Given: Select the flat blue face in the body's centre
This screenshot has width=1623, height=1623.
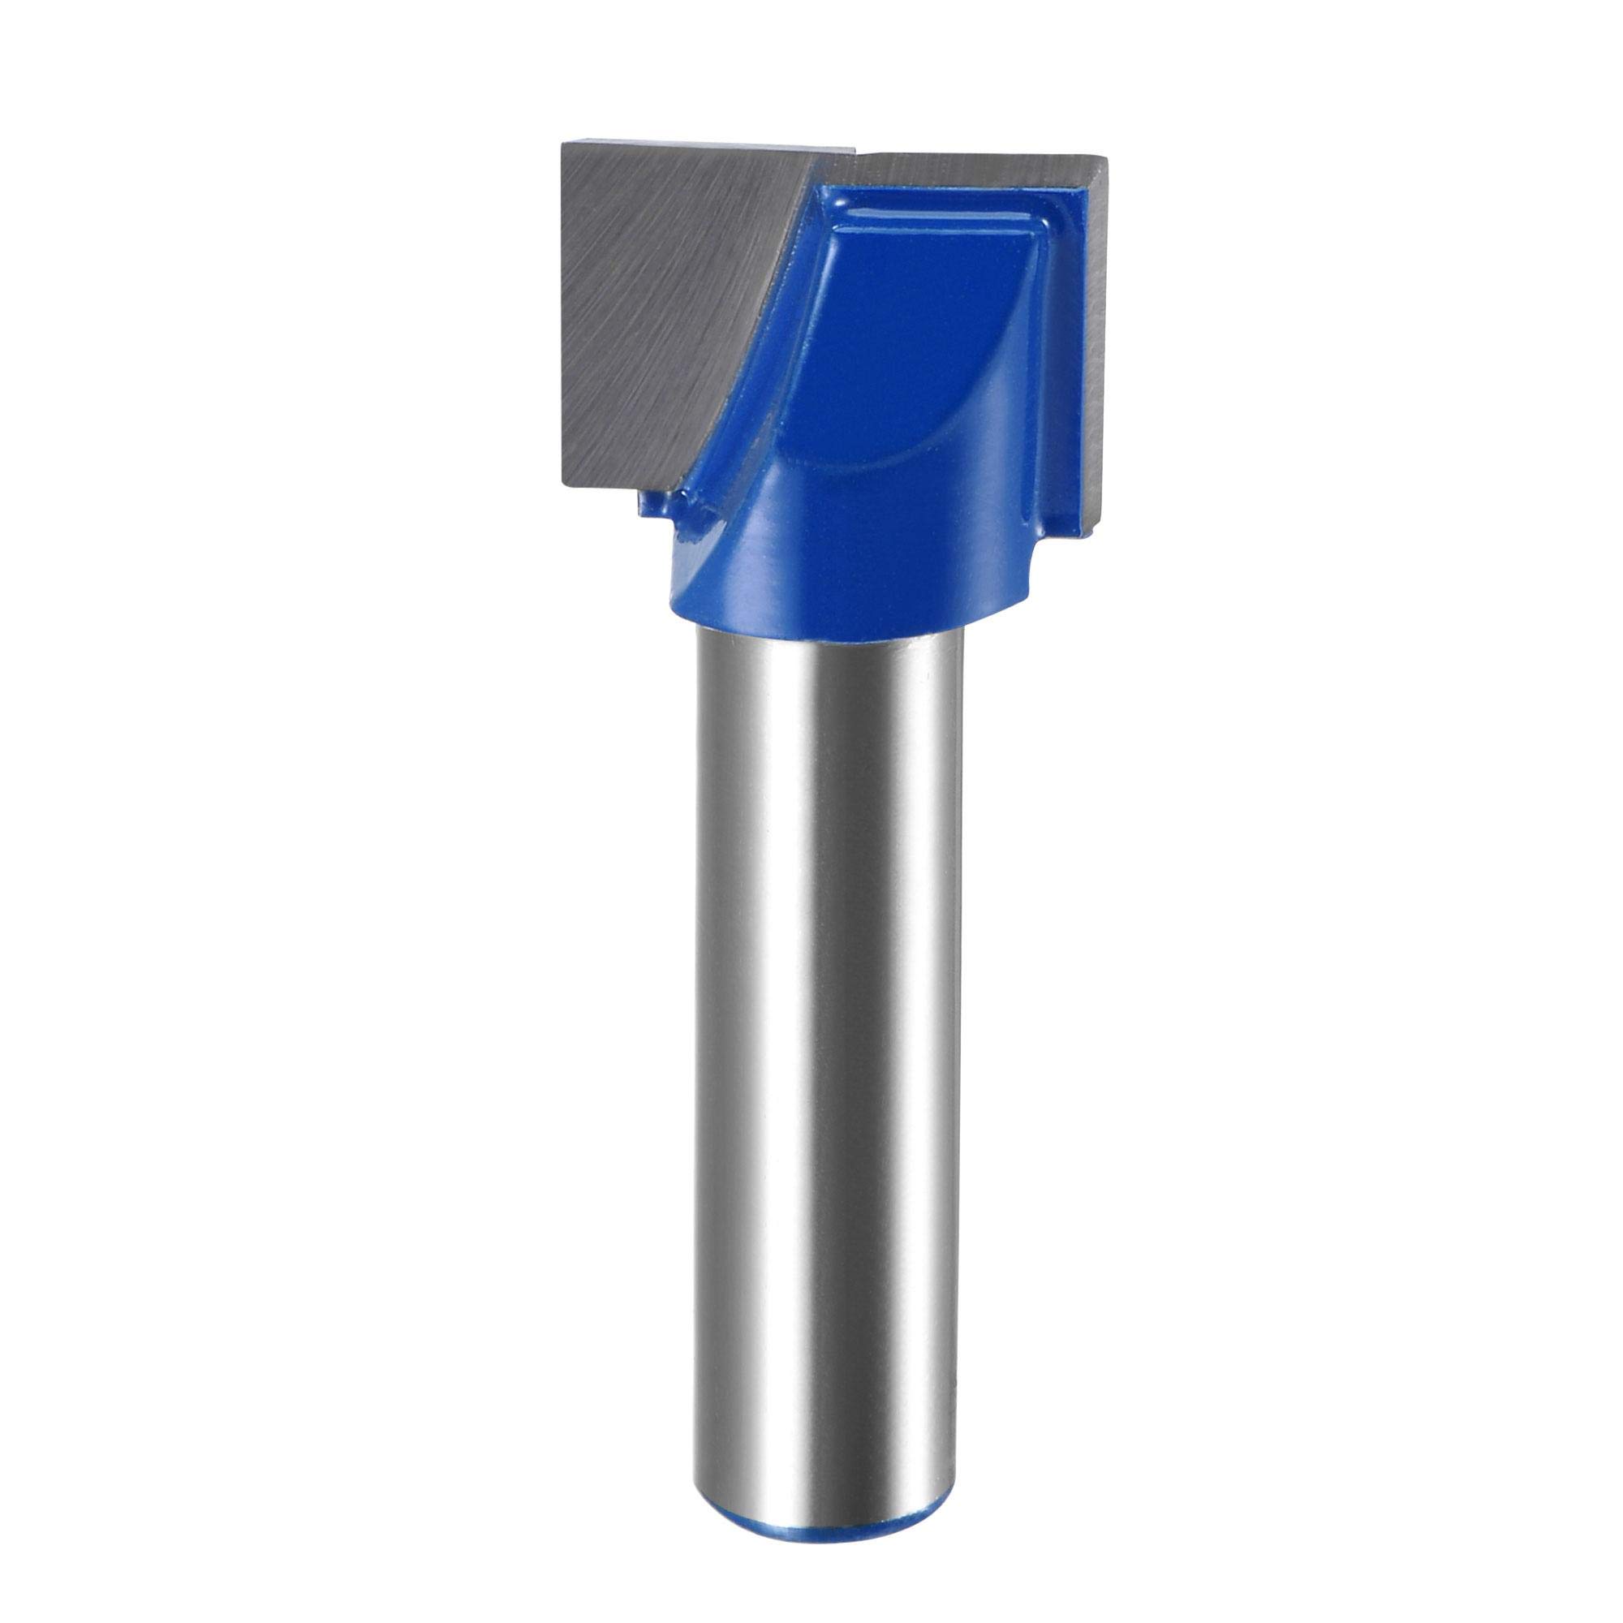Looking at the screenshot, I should click(907, 336).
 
